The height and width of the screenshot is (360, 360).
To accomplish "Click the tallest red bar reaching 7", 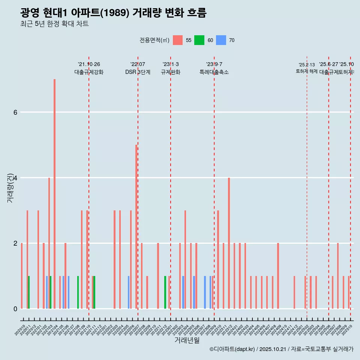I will pos(54,194).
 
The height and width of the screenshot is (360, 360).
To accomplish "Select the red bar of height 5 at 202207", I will pos(136,226).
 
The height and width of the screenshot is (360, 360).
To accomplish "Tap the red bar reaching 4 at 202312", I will pos(229,243).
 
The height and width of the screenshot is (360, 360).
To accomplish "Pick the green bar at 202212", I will pos(165,292).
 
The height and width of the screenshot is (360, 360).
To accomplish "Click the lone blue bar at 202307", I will pos(205,292).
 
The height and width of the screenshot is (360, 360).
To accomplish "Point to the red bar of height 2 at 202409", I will pos(278,276).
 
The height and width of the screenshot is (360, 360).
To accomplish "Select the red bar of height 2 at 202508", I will pos(338,276).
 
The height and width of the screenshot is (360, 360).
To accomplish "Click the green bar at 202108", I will pos(78,292).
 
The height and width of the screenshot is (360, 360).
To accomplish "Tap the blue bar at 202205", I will pos(129,292).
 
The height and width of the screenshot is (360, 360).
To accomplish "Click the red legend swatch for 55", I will pos(178,40).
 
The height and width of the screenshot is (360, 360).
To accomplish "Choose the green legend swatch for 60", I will pos(199,40).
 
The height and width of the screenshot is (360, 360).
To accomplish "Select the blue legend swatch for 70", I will pos(221,40).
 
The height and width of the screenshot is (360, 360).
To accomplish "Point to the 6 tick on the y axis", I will pos(15,112).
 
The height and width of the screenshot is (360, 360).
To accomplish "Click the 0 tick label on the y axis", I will pos(15,309).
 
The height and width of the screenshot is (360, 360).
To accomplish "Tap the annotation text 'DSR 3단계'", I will pos(138,72).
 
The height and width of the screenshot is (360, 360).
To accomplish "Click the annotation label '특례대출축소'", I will pos(214,72).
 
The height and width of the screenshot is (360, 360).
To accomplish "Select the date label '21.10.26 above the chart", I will pos(89,64).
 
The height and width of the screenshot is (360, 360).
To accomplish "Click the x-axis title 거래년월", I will pos(187,340).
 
